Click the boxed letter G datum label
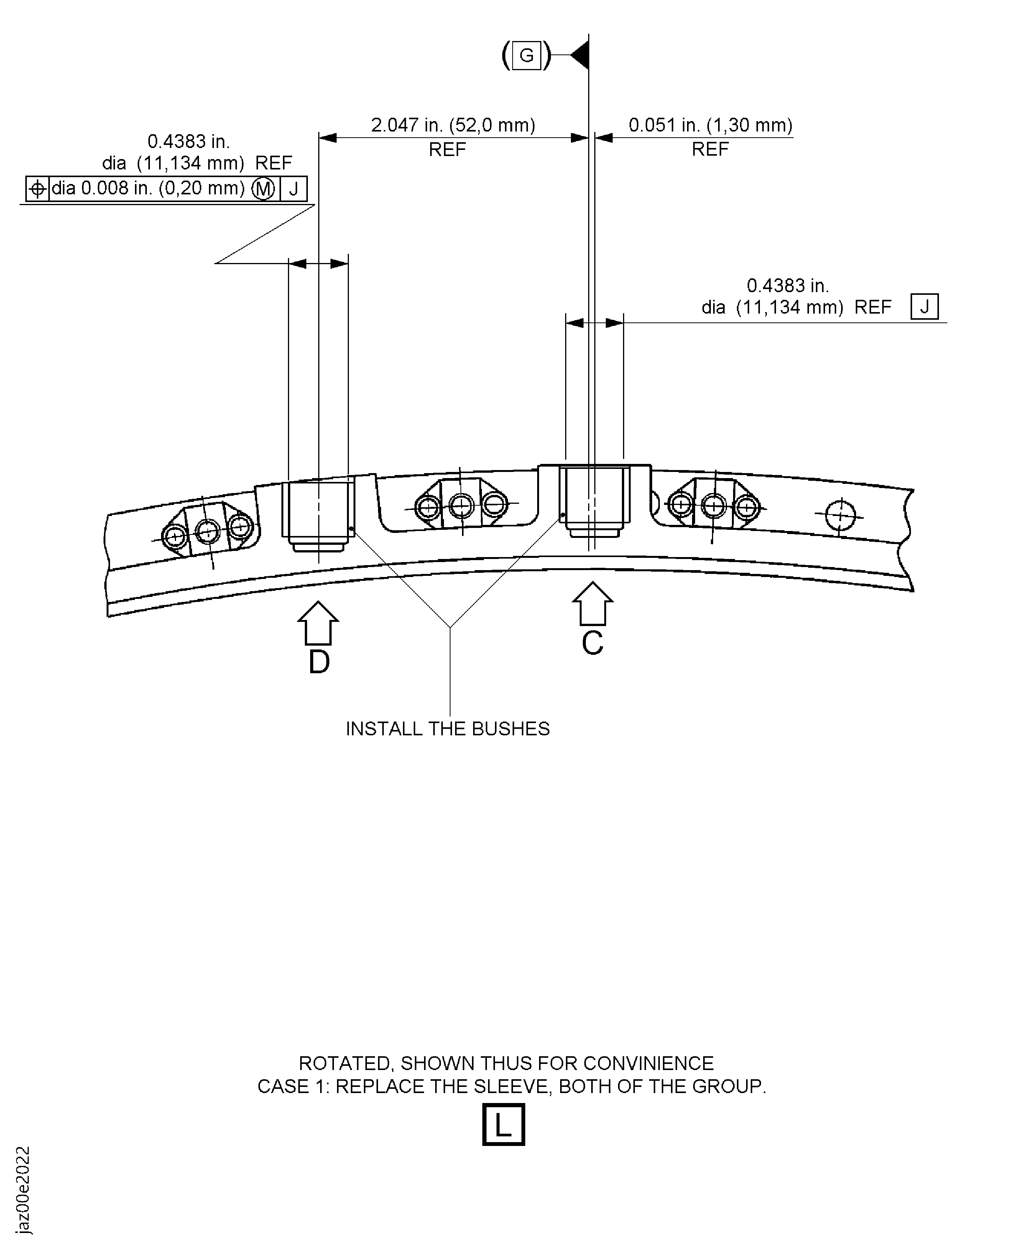tap(526, 56)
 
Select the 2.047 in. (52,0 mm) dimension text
tap(453, 125)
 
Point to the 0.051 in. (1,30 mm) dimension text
tap(710, 125)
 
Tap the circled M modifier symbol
tap(263, 189)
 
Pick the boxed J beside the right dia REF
tap(924, 306)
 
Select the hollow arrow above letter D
tap(318, 623)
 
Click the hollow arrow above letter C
tap(593, 603)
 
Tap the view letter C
tap(593, 643)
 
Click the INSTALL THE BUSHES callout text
tap(447, 729)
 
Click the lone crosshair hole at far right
tap(840, 515)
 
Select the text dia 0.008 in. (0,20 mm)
tap(148, 188)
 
